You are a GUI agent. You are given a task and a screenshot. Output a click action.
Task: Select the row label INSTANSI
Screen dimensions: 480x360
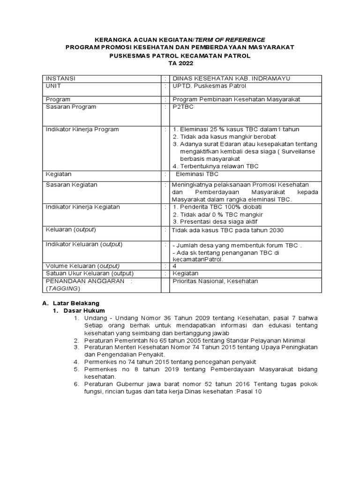tap(60, 78)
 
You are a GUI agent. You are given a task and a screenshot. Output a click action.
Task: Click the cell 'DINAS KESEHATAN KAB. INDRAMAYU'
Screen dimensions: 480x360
tap(225, 78)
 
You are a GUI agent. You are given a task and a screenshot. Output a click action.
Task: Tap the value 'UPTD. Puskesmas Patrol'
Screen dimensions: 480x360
tap(209, 86)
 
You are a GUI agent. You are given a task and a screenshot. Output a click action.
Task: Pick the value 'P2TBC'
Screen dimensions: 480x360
tap(182, 107)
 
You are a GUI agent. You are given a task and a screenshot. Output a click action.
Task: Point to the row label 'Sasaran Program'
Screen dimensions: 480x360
tap(70, 107)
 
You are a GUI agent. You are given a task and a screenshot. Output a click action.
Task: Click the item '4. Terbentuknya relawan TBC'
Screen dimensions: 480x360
tap(215, 166)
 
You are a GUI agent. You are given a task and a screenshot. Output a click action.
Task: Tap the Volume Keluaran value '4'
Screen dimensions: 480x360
tap(174, 266)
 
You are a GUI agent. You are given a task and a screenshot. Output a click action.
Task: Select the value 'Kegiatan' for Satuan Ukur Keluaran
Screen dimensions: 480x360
tap(186, 273)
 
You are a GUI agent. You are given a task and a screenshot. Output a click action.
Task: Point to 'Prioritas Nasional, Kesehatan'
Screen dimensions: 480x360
tap(215, 281)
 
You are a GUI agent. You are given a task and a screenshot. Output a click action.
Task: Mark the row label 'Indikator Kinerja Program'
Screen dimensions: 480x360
tap(82, 129)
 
